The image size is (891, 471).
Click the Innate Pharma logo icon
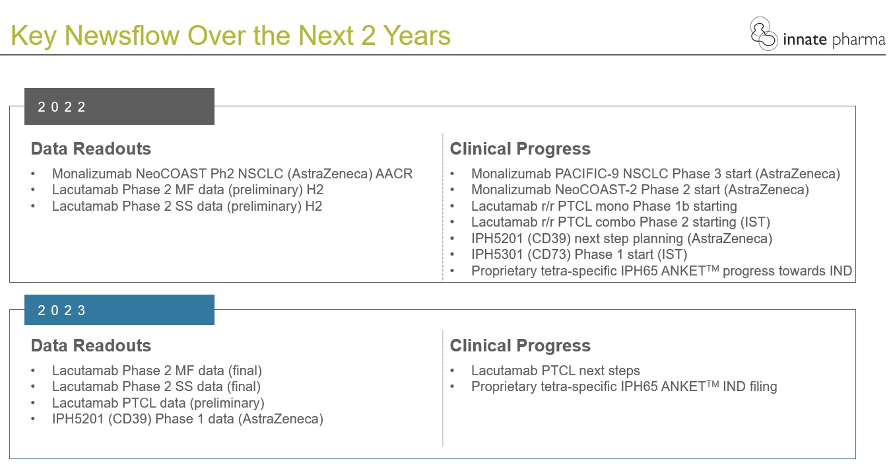click(x=764, y=34)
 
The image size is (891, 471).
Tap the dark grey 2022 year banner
click(x=119, y=106)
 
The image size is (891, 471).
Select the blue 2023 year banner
click(x=119, y=310)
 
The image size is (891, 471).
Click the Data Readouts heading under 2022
click(x=90, y=149)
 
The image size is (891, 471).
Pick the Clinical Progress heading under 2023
click(x=520, y=345)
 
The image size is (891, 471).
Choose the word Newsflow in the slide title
click(x=121, y=36)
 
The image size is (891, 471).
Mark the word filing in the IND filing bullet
click(x=763, y=386)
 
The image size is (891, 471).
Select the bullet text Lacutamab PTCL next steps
click(x=555, y=371)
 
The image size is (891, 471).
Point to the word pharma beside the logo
click(x=859, y=40)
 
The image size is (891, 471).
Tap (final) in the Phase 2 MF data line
click(x=245, y=371)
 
